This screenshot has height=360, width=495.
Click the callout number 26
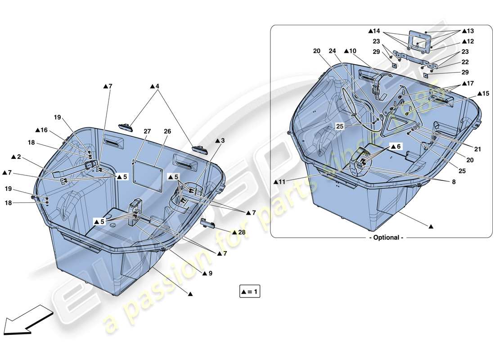(167, 131)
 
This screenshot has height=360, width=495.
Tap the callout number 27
(147, 131)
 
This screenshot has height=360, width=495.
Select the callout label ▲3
(220, 140)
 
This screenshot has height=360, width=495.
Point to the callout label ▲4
(154, 86)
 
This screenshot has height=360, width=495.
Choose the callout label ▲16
(41, 130)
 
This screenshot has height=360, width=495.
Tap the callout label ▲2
(16, 157)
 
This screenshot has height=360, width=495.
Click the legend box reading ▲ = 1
(250, 292)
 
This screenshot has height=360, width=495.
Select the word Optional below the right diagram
(386, 238)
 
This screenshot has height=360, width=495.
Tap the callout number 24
(332, 51)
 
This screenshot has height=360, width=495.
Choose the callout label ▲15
(482, 93)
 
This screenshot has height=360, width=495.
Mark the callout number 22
(465, 62)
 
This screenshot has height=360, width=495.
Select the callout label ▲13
(467, 31)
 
